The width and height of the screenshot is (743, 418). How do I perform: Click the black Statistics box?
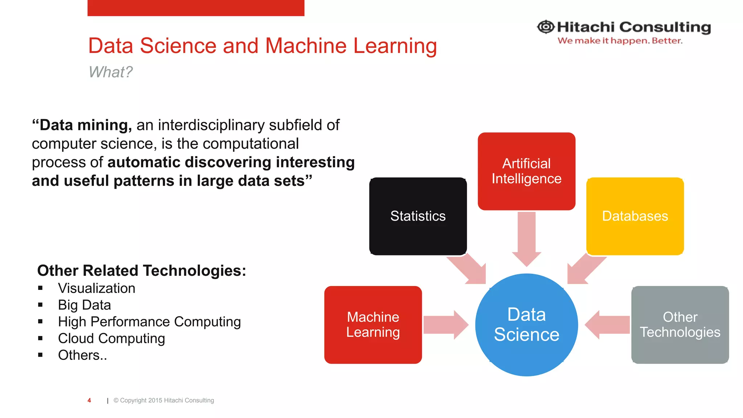418,216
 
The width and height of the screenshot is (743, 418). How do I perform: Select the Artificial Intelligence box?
526,171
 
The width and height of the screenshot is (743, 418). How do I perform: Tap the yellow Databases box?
635,216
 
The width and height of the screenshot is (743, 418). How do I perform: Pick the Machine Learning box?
373,325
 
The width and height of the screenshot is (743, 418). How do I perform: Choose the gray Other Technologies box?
680,325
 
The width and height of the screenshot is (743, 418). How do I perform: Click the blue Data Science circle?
526,325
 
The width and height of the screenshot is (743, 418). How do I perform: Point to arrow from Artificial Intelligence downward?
526,238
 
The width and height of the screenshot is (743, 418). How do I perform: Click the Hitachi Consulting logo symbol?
546,27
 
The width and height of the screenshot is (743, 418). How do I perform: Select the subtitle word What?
111,72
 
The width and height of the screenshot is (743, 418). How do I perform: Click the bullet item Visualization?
97,288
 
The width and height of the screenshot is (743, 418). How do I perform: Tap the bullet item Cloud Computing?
111,338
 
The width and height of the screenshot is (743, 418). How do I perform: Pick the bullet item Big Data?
84,305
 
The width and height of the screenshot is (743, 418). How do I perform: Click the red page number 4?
89,400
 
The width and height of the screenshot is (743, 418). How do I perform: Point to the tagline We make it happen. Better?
620,41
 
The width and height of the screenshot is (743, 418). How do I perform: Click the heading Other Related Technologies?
141,271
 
